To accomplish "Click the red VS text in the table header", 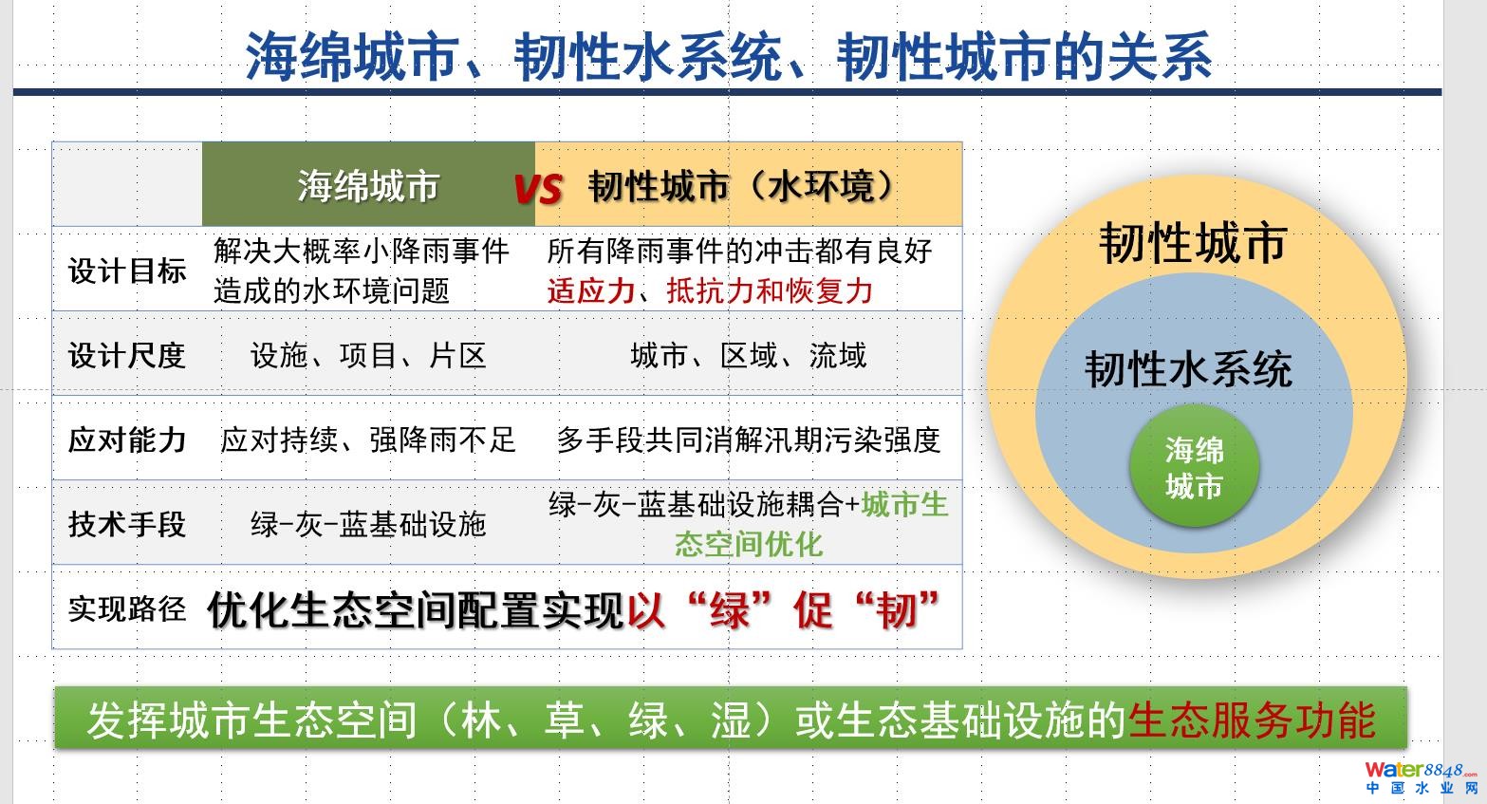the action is click(x=538, y=188).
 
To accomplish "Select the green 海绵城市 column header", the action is click(x=368, y=184).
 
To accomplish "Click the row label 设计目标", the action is click(x=127, y=271).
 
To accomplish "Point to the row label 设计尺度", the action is click(x=127, y=355).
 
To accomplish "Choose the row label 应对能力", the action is click(x=127, y=439).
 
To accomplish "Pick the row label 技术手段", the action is click(x=127, y=524).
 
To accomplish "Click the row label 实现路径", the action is click(x=127, y=608).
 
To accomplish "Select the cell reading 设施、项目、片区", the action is click(x=368, y=355).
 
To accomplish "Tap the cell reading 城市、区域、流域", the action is click(x=749, y=355).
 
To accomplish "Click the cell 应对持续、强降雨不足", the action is click(x=368, y=439).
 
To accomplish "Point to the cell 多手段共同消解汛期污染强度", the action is click(x=749, y=439).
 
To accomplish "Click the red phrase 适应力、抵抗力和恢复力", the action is click(x=710, y=290).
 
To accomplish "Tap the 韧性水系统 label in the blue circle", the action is click(x=1188, y=369).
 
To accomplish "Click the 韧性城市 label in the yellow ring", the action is click(x=1193, y=243).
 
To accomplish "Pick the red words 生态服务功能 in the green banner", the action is click(x=1252, y=720).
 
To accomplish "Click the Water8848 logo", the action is click(x=1422, y=778).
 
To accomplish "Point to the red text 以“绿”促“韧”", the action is click(x=783, y=609).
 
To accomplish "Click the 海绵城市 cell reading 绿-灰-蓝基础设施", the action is click(x=368, y=524).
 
